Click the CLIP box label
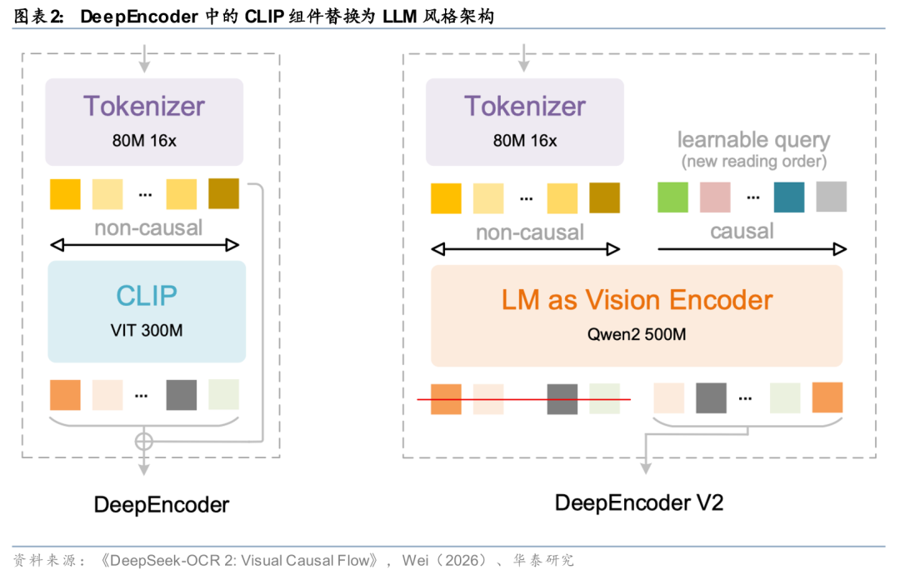click(x=147, y=296)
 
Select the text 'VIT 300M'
click(x=147, y=330)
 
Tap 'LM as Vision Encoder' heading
click(x=637, y=300)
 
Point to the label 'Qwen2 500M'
click(x=637, y=335)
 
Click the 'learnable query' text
click(x=753, y=140)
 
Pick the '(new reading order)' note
click(x=753, y=161)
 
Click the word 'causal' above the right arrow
click(x=742, y=232)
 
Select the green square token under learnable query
click(x=672, y=197)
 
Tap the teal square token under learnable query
click(x=788, y=197)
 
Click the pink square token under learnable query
click(x=715, y=197)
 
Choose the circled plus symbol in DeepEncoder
click(x=144, y=441)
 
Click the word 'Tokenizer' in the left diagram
click(x=144, y=107)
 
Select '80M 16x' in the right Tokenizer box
click(x=525, y=141)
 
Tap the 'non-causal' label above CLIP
click(x=148, y=227)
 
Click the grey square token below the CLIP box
click(x=181, y=395)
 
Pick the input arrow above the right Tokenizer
click(x=524, y=57)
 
